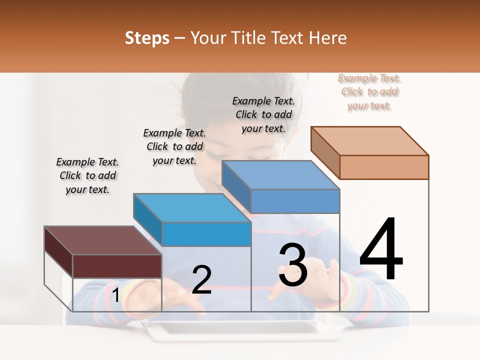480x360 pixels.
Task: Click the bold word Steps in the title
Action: point(147,38)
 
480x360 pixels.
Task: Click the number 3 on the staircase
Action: point(293,264)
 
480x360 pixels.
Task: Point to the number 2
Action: point(201,280)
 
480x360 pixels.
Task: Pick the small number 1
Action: point(115,295)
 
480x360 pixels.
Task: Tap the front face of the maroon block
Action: point(117,266)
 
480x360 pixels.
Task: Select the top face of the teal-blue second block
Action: point(192,207)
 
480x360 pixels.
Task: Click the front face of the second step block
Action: point(206,234)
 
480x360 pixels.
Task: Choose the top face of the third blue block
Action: point(280,175)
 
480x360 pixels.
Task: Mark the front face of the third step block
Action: point(295,201)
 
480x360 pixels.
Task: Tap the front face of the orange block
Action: point(384,167)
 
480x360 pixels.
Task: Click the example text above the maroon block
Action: point(87,175)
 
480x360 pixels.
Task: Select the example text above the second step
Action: point(174,146)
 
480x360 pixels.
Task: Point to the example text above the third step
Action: point(263,114)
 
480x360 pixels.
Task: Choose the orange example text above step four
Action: point(369,91)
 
